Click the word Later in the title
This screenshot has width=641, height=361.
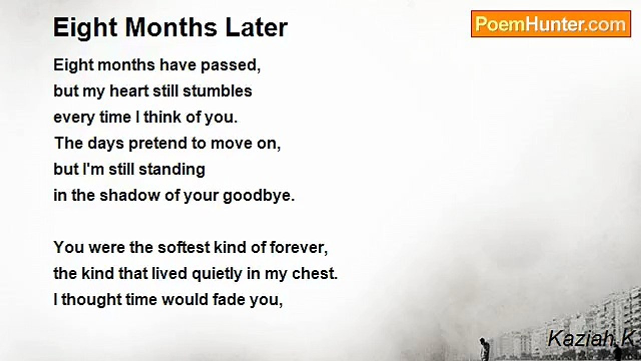click(x=256, y=28)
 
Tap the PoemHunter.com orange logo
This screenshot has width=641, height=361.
click(x=551, y=24)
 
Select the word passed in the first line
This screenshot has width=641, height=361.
click(x=231, y=65)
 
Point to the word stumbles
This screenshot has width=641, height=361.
click(x=217, y=91)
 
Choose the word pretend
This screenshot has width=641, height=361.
click(x=158, y=143)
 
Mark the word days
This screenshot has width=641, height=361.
click(x=106, y=143)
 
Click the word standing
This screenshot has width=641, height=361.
click(x=172, y=170)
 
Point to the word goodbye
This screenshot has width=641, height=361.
click(x=259, y=196)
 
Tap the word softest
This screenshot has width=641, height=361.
click(x=184, y=248)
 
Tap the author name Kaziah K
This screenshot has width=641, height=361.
click(x=590, y=339)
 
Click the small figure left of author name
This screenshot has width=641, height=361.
click(x=483, y=348)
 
